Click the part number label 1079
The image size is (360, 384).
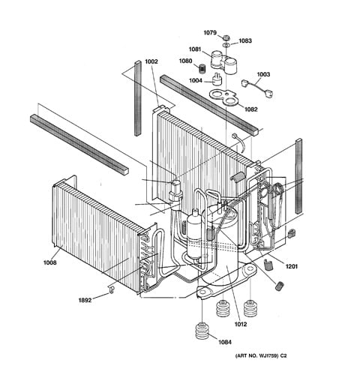pyautogui.click(x=210, y=33)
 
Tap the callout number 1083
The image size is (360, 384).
pyautogui.click(x=245, y=40)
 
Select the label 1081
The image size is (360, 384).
pyautogui.click(x=195, y=49)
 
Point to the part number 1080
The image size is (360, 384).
pyautogui.click(x=185, y=61)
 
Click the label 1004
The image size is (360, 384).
pyautogui.click(x=196, y=80)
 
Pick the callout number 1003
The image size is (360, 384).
pyautogui.click(x=263, y=74)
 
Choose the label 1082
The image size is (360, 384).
pyautogui.click(x=250, y=109)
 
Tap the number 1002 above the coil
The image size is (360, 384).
pyautogui.click(x=151, y=61)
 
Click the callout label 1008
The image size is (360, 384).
pyautogui.click(x=50, y=262)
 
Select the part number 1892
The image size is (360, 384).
pyautogui.click(x=85, y=300)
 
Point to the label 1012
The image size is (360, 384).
pyautogui.click(x=241, y=324)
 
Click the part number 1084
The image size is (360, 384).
pyautogui.click(x=225, y=342)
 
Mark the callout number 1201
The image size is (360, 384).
pyautogui.click(x=292, y=266)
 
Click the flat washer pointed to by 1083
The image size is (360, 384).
pyautogui.click(x=226, y=45)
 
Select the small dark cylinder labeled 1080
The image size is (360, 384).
pyautogui.click(x=202, y=68)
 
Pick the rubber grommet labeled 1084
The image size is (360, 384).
pyautogui.click(x=202, y=331)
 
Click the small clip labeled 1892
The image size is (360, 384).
pyautogui.click(x=112, y=289)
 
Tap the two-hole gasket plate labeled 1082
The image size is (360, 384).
pyautogui.click(x=223, y=97)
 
